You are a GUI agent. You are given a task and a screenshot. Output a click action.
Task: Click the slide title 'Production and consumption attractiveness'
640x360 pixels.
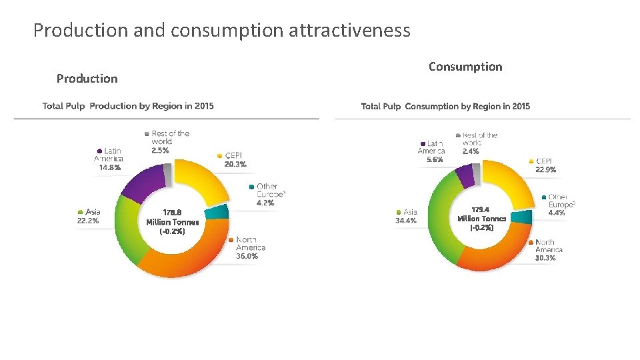click(221, 30)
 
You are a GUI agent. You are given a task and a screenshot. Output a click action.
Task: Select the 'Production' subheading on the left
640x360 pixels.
click(87, 79)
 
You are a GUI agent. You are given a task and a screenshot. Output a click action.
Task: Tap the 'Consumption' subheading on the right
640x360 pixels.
click(465, 67)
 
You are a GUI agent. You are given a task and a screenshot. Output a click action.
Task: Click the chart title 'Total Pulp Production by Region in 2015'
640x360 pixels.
click(128, 106)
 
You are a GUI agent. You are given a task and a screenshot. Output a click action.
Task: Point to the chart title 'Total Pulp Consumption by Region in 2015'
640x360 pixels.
click(445, 106)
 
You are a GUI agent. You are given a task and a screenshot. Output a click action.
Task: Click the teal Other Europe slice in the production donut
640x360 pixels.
click(217, 213)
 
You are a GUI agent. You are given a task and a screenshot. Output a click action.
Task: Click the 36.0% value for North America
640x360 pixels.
click(247, 256)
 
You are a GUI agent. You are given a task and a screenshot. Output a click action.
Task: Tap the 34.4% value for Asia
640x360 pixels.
click(406, 221)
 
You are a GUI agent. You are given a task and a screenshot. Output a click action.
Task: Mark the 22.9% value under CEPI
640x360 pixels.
click(545, 170)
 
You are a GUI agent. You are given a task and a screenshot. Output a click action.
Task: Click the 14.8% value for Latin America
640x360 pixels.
click(109, 168)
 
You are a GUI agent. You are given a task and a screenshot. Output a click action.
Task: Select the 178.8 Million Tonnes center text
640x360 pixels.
click(172, 222)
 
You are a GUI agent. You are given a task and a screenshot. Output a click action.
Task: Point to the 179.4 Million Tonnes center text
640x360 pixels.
click(482, 218)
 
